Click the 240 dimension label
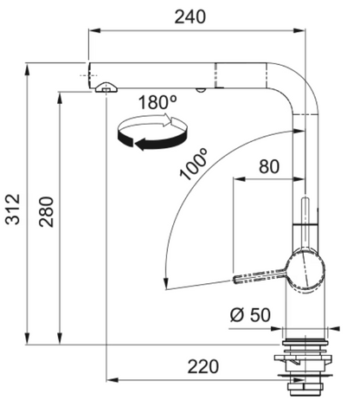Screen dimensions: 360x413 [x=190, y=16]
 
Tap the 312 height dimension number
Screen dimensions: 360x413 [x=13, y=210]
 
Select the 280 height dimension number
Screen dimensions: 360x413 [x=47, y=211]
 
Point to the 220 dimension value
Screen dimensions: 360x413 [x=203, y=366]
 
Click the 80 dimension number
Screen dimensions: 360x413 [x=269, y=166]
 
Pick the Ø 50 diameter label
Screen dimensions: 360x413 [x=250, y=314]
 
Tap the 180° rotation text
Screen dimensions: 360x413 [x=157, y=102]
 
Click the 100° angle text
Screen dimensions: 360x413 [x=194, y=164]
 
